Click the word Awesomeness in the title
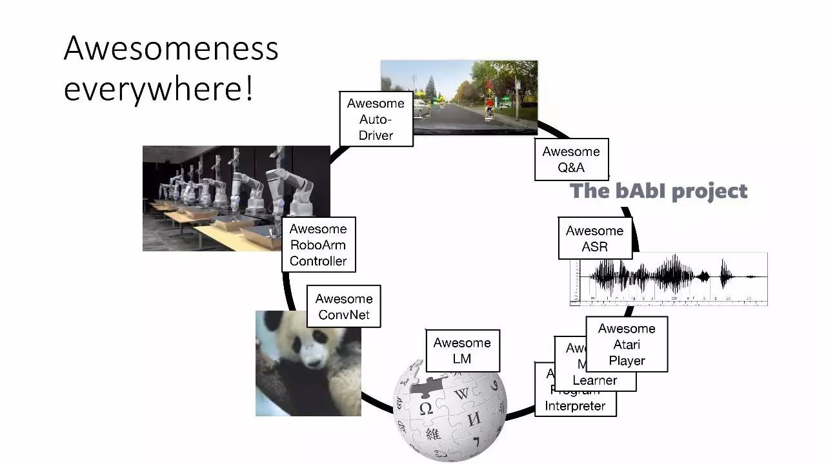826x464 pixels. (x=171, y=49)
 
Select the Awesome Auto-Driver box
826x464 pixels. (x=376, y=119)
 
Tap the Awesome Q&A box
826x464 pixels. (x=571, y=159)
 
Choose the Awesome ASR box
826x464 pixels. (x=594, y=238)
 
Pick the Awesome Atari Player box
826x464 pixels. (x=626, y=344)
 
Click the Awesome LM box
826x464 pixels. (x=462, y=350)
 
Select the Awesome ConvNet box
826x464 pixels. (x=343, y=306)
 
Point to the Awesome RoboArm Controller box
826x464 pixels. (x=318, y=244)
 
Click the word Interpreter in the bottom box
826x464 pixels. (x=575, y=406)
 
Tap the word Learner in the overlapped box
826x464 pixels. (x=594, y=380)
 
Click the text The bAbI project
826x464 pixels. (x=659, y=191)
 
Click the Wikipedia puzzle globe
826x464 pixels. (x=450, y=412)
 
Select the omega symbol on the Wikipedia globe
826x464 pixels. (x=426, y=409)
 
